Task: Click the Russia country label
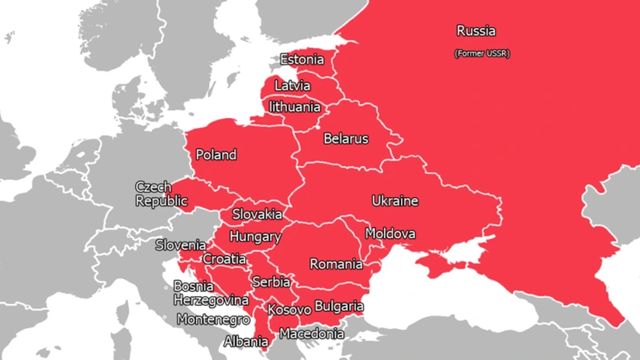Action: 476,32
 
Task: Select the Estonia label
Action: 302,60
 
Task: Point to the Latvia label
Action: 292,85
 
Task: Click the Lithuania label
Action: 295,106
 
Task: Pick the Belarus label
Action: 346,139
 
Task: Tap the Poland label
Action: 216,154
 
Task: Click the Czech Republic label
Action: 161,194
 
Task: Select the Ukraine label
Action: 395,201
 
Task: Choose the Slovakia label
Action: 257,214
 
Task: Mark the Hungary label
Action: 255,236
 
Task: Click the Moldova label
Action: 390,234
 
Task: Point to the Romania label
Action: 336,264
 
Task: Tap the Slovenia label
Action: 181,245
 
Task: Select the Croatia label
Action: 224,259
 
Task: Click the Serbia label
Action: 271,282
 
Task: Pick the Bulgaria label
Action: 339,306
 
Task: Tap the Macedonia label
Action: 312,334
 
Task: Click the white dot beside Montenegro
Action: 165,318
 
